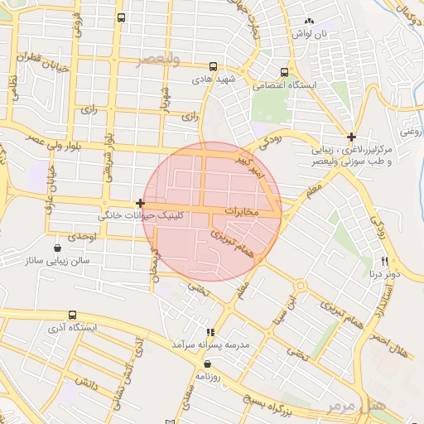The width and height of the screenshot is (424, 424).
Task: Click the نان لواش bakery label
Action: (309, 33)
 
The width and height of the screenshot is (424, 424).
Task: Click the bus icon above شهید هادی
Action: (214, 67)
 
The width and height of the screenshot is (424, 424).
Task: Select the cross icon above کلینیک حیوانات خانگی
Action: (140, 203)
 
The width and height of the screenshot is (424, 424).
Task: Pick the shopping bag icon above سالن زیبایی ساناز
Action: (56, 248)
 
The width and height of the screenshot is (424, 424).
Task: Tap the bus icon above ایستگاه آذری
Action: (72, 316)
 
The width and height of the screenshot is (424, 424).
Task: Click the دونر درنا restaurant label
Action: (385, 272)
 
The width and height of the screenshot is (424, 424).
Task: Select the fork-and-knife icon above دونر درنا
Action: (385, 261)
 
